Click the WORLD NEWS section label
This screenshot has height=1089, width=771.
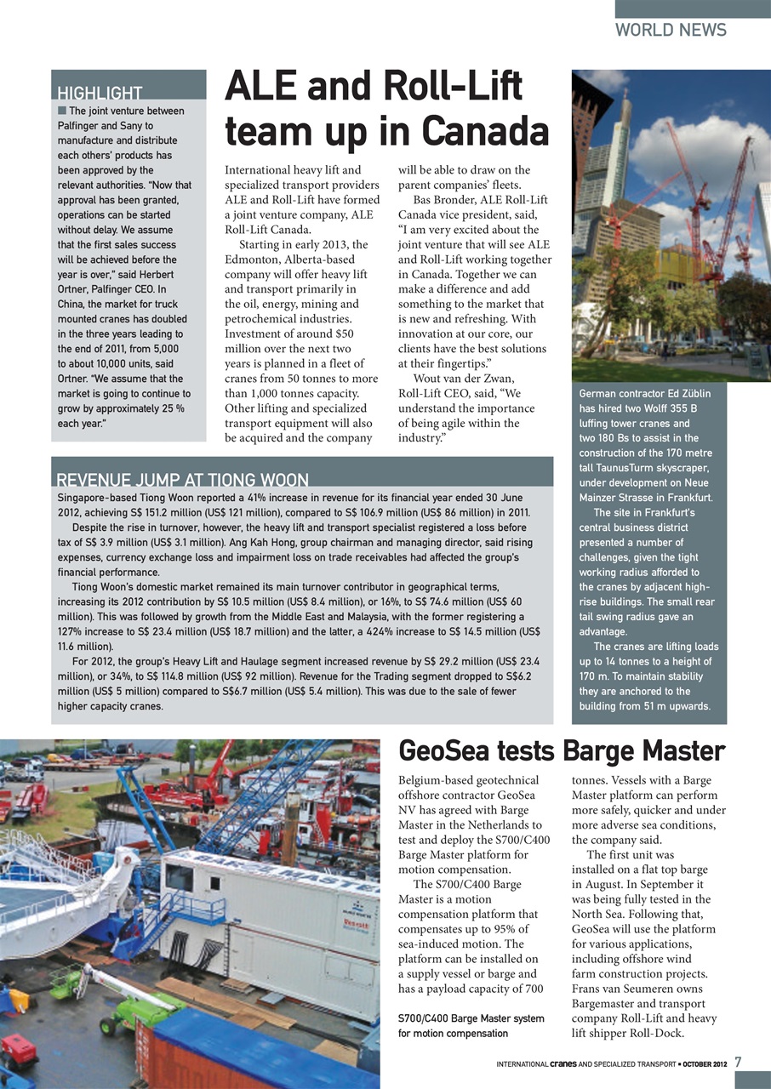point(671,31)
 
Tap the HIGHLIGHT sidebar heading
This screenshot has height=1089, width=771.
point(100,93)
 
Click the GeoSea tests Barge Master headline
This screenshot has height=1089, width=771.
point(562,751)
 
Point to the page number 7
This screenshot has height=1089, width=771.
point(739,1062)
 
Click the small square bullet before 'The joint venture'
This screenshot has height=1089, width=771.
point(62,111)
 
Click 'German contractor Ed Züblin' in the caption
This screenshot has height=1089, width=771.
point(644,394)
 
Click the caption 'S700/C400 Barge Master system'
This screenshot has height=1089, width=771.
point(471,1018)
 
